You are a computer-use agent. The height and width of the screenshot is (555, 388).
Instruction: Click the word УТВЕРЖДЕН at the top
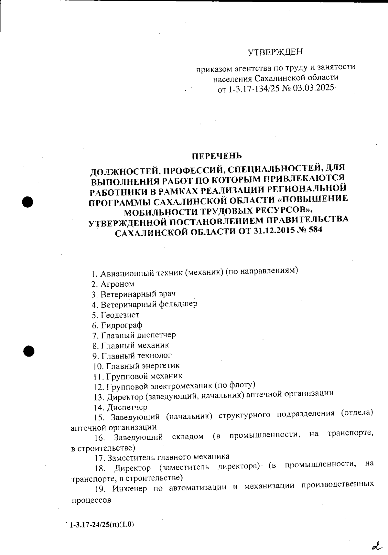pos(275,52)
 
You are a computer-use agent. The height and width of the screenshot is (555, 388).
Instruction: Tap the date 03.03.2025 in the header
pos(314,88)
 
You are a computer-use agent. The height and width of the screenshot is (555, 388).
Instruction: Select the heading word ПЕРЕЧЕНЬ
pos(217,156)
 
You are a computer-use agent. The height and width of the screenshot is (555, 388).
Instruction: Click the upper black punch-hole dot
pos(28,201)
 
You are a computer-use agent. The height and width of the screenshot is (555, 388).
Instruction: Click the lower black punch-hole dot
pos(28,351)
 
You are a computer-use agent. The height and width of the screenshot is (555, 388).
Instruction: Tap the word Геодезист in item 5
pos(120,315)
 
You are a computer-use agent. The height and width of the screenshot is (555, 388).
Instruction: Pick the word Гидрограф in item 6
pos(122,325)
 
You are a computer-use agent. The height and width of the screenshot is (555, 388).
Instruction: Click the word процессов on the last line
pos(91,500)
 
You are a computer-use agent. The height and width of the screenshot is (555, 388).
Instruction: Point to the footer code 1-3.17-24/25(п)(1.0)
pos(102,524)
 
